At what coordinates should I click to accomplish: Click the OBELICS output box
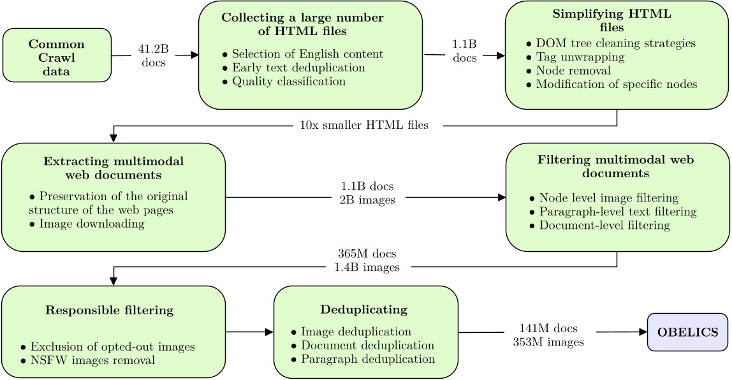687,332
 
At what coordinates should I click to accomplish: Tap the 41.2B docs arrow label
153,56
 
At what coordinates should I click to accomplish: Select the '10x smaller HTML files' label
363,126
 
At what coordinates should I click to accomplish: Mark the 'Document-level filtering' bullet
604,225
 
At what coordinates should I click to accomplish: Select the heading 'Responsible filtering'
109,311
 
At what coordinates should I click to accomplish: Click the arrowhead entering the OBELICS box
643,332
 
